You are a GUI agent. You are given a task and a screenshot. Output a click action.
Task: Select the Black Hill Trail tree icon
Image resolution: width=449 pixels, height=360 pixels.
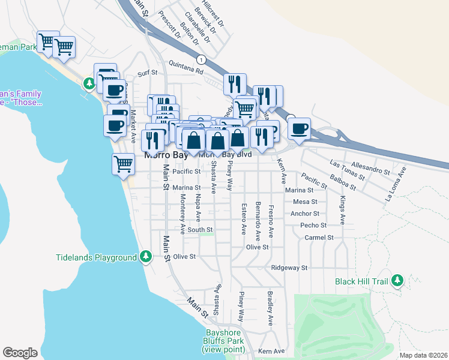coord(397,280)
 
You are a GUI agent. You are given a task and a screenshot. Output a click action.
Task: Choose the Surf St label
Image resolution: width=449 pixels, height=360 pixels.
coord(147,73)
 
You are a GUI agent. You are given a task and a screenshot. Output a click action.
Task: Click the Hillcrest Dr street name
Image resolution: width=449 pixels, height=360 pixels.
coord(213,13)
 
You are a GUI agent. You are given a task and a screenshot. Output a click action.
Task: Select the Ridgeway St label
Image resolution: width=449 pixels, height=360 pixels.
coord(289,268)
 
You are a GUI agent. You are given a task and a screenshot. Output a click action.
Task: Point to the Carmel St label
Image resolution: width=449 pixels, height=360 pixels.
coord(319,238)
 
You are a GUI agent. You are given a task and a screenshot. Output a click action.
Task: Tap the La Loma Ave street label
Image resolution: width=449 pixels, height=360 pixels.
coord(396,179)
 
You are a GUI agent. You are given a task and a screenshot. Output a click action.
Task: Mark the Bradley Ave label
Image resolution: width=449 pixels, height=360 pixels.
coord(271,309)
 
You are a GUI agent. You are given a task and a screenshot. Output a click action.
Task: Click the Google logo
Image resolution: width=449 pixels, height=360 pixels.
coord(20,352)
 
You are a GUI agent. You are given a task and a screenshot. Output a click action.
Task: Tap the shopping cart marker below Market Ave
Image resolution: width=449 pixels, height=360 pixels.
coord(123,163)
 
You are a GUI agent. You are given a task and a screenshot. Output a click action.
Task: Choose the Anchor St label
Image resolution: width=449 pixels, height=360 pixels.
coord(304,214)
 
